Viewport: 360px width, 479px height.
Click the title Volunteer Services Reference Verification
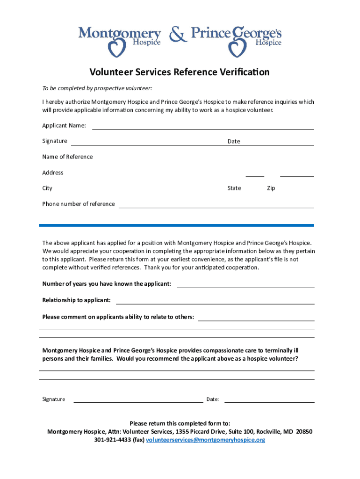(180, 72)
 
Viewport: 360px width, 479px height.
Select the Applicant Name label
(64, 125)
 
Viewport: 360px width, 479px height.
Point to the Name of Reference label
(67, 157)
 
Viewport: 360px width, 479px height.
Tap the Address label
(53, 173)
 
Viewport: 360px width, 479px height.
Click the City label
(47, 188)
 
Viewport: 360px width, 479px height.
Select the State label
(234, 188)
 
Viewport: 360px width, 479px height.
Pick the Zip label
(271, 188)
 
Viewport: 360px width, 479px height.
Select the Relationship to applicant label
(77, 300)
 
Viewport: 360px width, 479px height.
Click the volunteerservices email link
(206, 440)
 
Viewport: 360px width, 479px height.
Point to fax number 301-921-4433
(113, 440)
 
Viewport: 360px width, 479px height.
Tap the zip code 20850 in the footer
(304, 432)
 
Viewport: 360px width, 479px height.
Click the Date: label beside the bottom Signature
(213, 399)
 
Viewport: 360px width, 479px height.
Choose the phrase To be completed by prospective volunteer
(97, 88)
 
